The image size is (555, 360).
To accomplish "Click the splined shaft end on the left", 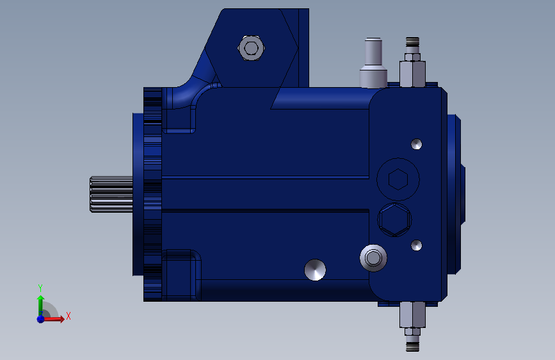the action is tap(111, 194).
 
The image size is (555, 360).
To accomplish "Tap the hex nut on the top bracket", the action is tap(251, 48).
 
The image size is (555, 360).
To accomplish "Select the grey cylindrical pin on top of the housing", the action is tap(373, 63).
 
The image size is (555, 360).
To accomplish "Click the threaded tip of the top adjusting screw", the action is tap(412, 42).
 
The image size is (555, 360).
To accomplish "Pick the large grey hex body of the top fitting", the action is tap(412, 74).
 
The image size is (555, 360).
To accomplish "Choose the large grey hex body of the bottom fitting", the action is tap(412, 315).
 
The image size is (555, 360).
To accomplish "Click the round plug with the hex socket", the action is tap(398, 179).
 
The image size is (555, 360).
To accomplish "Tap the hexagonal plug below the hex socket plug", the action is tap(395, 220).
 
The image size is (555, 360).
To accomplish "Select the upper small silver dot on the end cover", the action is tap(416, 144).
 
